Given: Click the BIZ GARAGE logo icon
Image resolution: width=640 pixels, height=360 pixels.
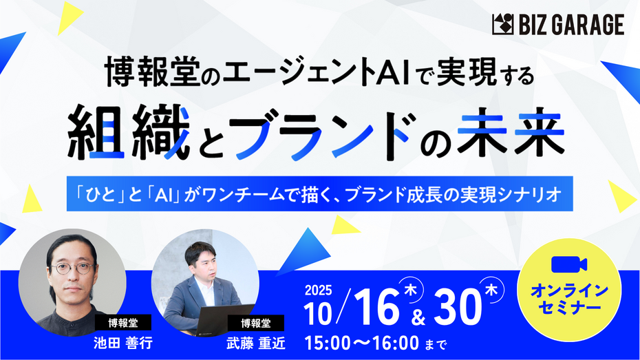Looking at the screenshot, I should [502, 25].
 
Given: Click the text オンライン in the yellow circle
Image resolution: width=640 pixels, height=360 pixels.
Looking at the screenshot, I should [569, 291].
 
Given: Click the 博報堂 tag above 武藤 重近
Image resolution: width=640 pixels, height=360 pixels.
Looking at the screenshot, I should [255, 322].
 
